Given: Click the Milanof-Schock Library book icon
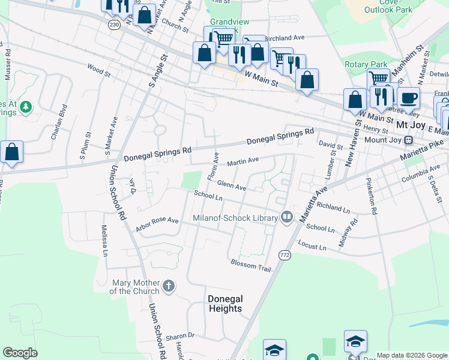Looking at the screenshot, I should (x=286, y=217).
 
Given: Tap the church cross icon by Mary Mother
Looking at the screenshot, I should (x=169, y=286).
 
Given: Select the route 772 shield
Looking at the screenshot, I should (x=284, y=255).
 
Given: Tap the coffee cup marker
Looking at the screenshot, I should (x=408, y=98).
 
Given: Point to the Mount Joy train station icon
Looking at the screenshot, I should (x=409, y=140).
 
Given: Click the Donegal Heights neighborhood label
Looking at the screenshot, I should (x=224, y=304).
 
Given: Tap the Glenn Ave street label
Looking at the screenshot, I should (x=232, y=186).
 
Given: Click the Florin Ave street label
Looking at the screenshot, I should (x=212, y=167).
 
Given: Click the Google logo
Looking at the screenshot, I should (x=20, y=353).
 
